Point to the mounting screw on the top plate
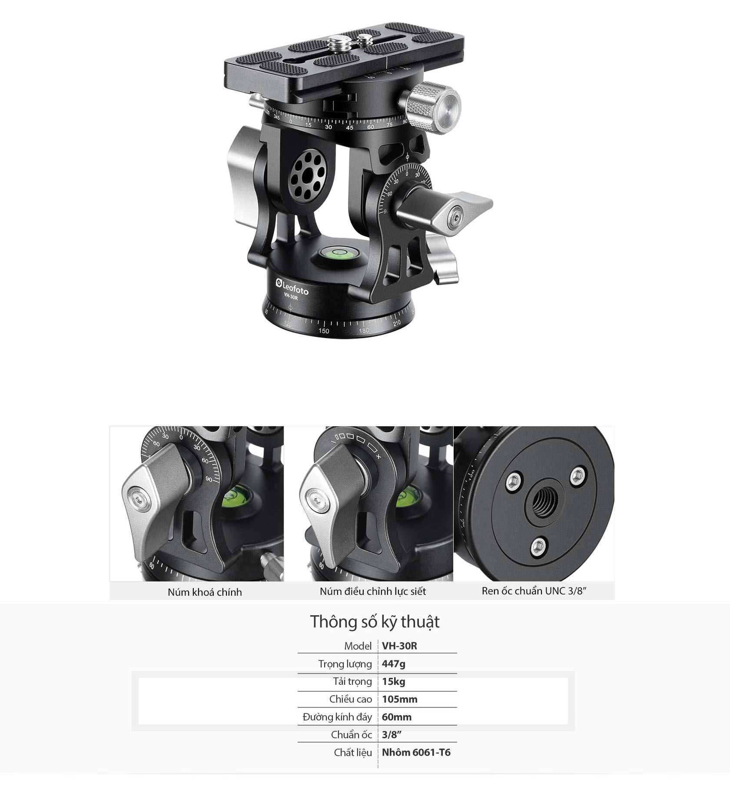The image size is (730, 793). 335,44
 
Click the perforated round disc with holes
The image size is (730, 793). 308,175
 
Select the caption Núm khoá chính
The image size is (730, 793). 205,592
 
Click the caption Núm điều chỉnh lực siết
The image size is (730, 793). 373,591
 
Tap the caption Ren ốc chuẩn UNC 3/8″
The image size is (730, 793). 534,591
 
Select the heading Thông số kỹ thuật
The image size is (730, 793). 375,622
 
